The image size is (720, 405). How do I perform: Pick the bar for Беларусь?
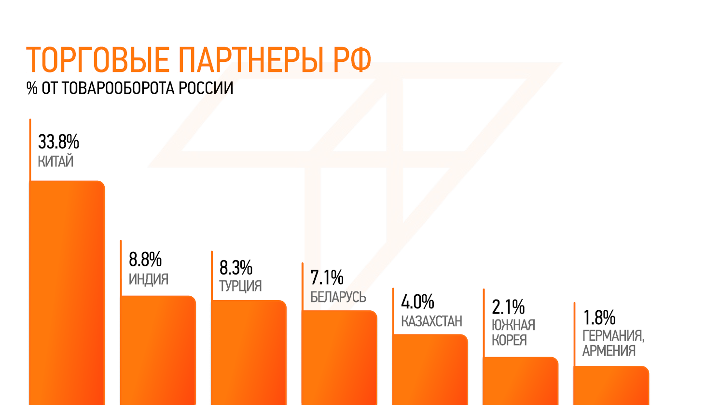(x=339, y=357)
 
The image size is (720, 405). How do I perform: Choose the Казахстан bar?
(x=430, y=369)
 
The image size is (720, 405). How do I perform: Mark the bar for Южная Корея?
(x=521, y=381)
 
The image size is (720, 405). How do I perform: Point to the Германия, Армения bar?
(x=611, y=385)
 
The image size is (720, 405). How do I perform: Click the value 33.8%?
(x=58, y=142)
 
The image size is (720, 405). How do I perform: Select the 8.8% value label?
(x=145, y=260)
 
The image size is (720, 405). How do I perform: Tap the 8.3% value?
(x=236, y=267)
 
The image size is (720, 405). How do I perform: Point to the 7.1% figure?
(x=327, y=278)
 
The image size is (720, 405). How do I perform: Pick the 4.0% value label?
(x=417, y=302)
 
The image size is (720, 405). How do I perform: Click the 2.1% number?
(x=508, y=307)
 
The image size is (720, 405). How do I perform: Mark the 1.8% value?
(x=599, y=318)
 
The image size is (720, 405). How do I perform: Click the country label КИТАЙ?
(x=55, y=161)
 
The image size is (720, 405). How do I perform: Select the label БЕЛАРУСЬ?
(x=338, y=297)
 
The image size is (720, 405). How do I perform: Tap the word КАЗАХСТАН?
(x=431, y=321)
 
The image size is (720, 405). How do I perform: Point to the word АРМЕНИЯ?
(x=609, y=350)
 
